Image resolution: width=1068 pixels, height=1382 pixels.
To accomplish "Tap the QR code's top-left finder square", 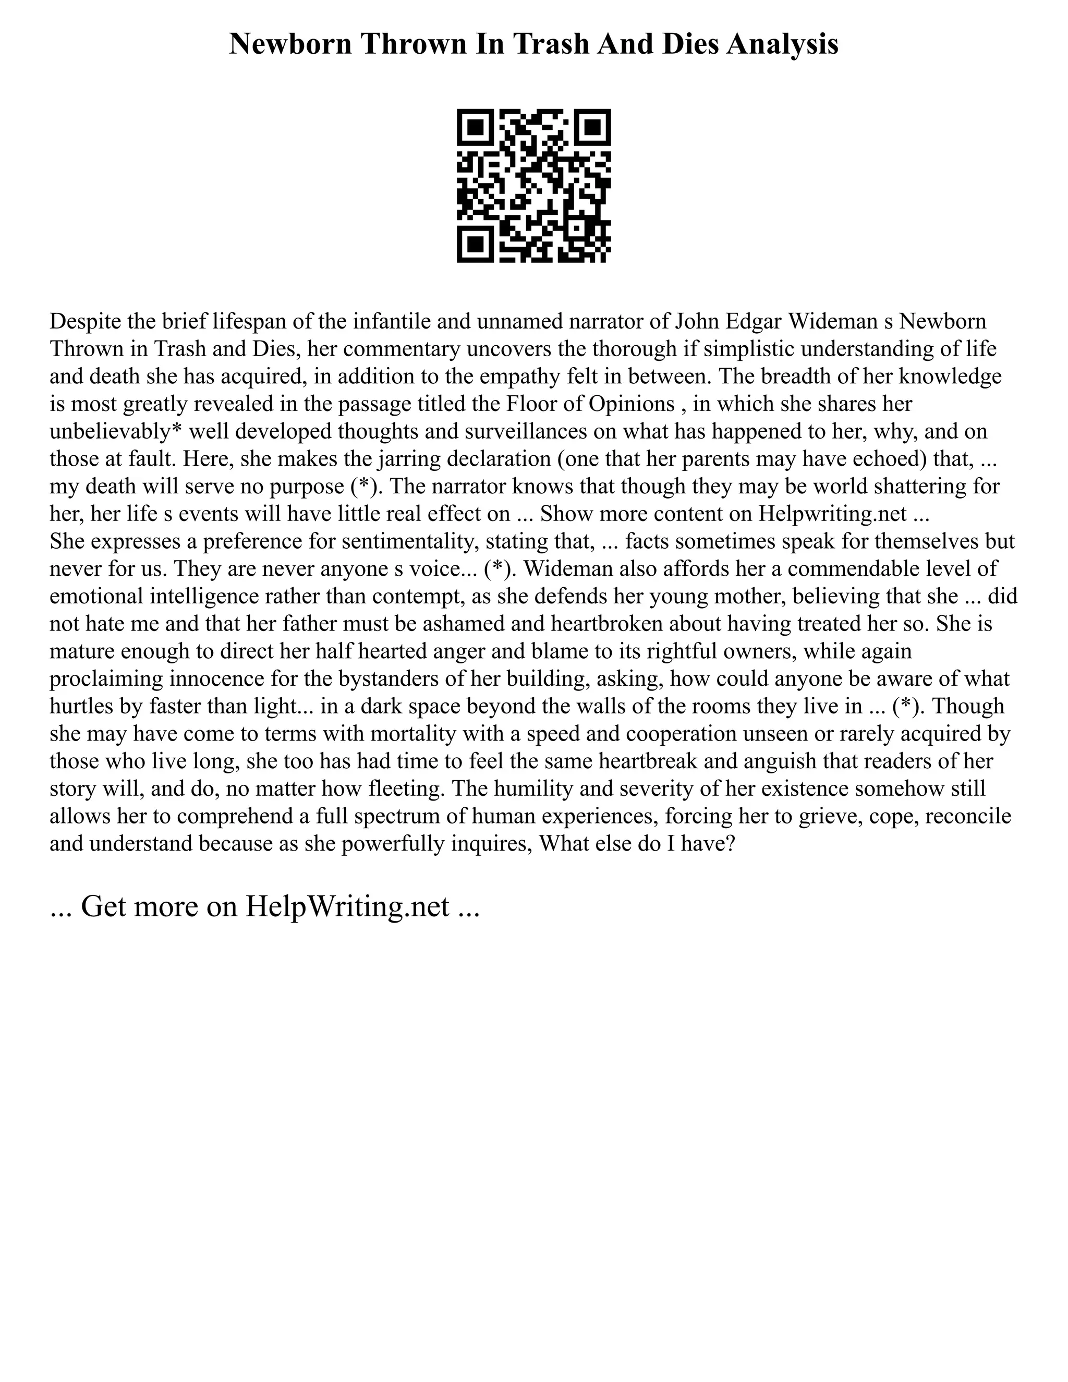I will coord(476,127).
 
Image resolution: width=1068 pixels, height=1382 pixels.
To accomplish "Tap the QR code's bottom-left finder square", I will coord(476,244).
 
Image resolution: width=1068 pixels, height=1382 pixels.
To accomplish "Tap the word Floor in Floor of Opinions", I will coord(530,404).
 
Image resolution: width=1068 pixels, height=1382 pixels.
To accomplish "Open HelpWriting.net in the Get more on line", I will coord(347,906).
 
